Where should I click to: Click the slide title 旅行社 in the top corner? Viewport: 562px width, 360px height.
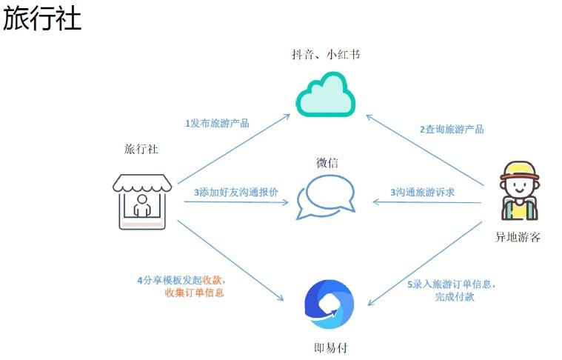pos(42,19)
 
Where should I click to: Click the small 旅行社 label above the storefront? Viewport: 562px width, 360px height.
pos(141,149)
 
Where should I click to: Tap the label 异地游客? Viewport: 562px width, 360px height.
pos(518,237)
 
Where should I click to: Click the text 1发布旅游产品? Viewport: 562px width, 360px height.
pos(217,123)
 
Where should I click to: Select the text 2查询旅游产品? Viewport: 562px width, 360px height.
pos(452,129)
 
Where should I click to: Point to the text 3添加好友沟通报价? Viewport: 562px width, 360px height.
pos(236,192)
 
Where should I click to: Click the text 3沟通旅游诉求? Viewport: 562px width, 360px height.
pos(422,192)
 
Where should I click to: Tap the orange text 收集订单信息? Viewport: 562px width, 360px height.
pos(194,293)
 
